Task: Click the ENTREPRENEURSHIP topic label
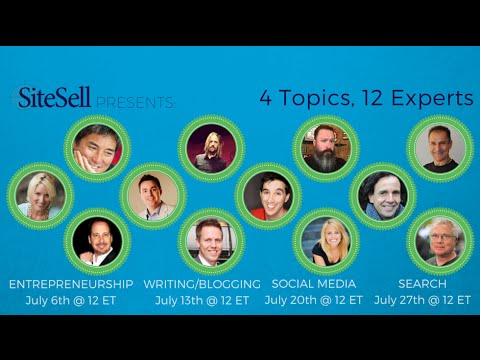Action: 71,284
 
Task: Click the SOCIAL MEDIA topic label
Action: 317,284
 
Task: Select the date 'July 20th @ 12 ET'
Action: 318,300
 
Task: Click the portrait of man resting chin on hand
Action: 97,147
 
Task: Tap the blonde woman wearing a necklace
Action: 43,194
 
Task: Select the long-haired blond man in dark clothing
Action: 210,147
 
